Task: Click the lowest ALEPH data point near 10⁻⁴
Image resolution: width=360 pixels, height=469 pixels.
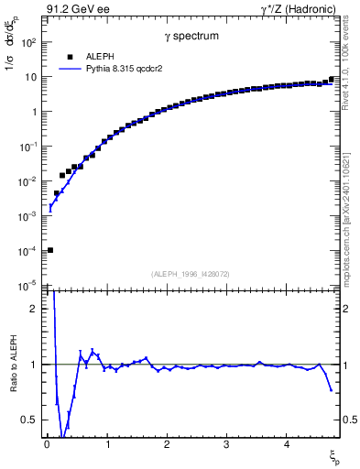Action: click(50, 250)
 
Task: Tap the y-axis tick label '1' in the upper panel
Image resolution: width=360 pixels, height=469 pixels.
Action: click(34, 112)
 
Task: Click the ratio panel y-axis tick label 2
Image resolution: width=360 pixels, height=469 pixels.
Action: click(34, 309)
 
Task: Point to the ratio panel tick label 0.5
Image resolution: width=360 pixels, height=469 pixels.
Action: click(29, 420)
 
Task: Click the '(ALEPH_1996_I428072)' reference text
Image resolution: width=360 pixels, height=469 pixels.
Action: click(191, 273)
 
